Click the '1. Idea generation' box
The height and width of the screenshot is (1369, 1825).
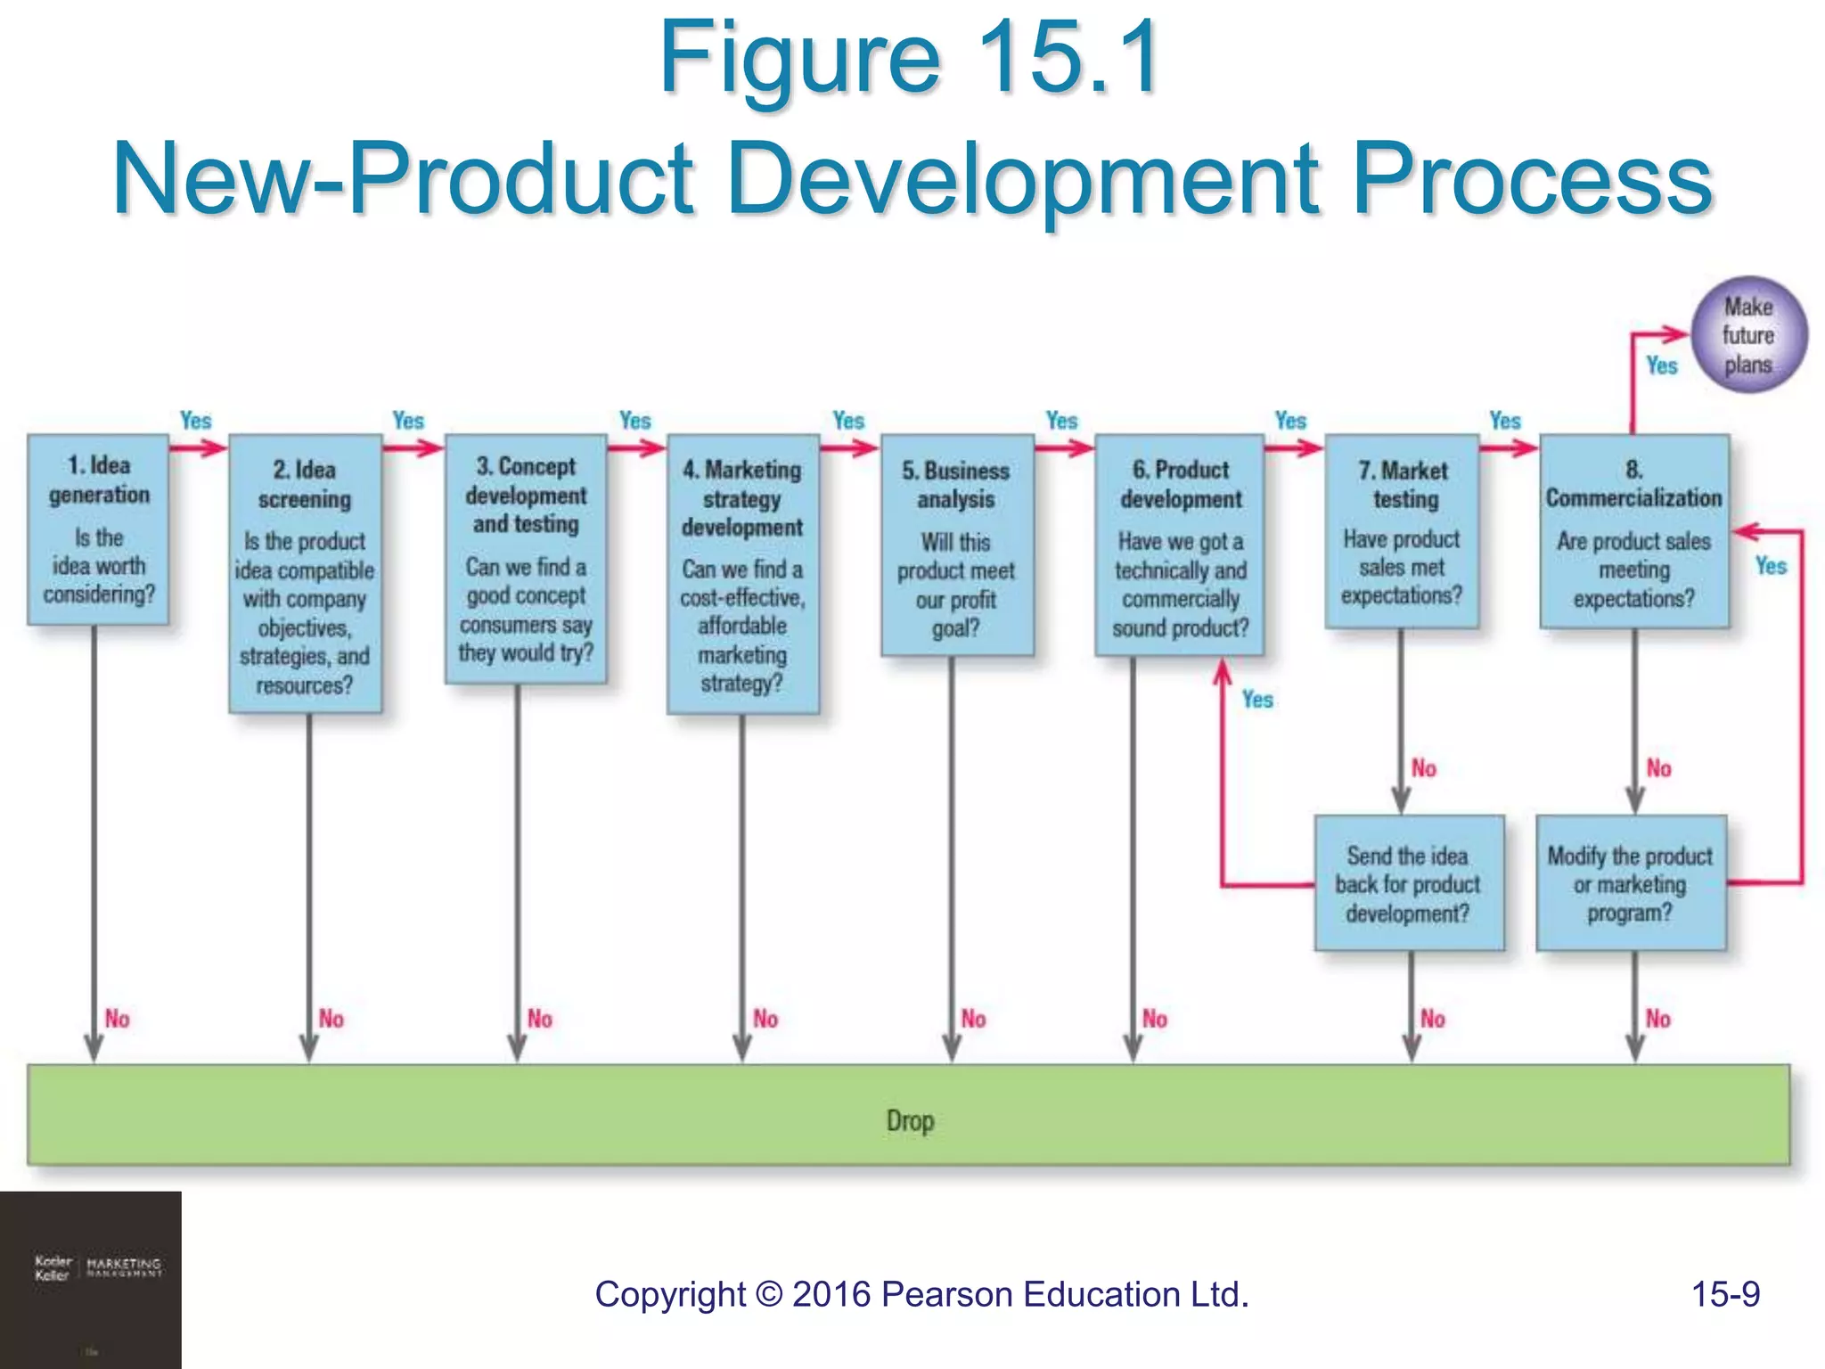[98, 529]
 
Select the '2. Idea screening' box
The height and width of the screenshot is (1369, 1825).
[306, 574]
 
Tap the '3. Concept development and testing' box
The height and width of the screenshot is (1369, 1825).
[526, 559]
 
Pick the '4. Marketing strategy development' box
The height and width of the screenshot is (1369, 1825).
[742, 574]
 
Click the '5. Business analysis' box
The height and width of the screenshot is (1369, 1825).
[956, 545]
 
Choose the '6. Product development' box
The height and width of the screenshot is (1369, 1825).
[1180, 545]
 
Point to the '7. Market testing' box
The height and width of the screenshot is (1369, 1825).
[1402, 531]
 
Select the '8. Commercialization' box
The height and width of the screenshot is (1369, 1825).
[1634, 531]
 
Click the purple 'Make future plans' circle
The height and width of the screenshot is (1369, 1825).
[1748, 335]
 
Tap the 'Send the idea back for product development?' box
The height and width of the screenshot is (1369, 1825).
[1408, 883]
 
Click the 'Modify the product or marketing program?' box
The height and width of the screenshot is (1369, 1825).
[1631, 883]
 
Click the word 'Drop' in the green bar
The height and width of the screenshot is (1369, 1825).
[910, 1120]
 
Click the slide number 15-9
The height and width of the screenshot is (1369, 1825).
[1725, 1294]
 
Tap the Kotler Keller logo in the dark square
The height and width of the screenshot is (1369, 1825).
[96, 1268]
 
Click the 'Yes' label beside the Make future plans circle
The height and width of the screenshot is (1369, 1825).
[1662, 365]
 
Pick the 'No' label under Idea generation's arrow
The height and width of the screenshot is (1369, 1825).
[118, 1019]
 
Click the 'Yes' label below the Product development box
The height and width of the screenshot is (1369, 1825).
[1257, 700]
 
